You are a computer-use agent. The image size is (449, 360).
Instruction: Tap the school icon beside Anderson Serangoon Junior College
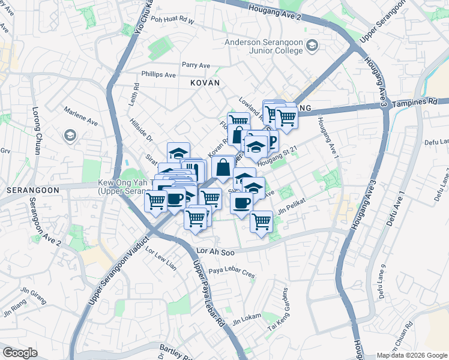click(312, 45)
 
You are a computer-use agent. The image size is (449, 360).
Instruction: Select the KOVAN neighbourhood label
click(205, 83)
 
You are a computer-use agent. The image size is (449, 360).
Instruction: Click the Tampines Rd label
click(415, 103)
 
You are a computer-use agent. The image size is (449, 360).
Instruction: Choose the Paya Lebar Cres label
click(232, 269)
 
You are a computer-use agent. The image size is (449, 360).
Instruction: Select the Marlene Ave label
click(82, 121)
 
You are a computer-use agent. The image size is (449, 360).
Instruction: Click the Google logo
click(20, 353)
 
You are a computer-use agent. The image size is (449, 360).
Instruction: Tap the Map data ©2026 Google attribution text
click(412, 355)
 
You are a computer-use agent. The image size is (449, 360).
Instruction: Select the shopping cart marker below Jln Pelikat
click(262, 221)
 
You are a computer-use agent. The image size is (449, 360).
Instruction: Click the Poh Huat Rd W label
click(173, 20)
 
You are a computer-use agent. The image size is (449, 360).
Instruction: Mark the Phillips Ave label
click(158, 75)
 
